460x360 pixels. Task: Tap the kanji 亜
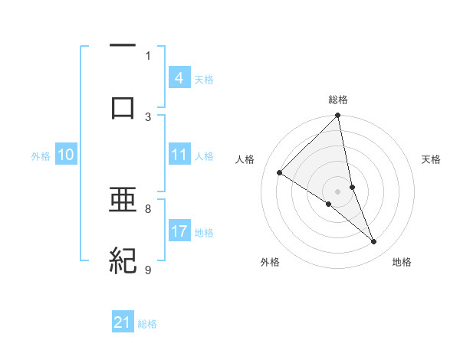(123, 201)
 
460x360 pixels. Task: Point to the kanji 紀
(123, 261)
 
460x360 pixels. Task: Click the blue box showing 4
(179, 78)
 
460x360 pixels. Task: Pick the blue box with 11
(179, 155)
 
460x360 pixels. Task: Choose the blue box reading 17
(179, 231)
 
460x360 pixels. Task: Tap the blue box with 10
(66, 155)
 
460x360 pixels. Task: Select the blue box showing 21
(123, 322)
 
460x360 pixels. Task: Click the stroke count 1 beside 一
(148, 56)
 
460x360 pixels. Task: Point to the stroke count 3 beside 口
(148, 116)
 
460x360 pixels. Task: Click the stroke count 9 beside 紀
(148, 270)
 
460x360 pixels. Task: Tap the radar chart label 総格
(338, 100)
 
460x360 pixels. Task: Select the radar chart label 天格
(432, 159)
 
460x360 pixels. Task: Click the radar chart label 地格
(402, 263)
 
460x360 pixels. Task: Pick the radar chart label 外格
(270, 263)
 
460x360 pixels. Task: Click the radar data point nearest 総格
(338, 116)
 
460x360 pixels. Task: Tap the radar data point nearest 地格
(374, 242)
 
